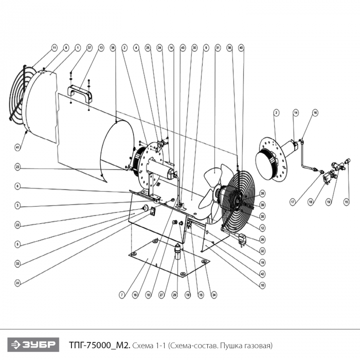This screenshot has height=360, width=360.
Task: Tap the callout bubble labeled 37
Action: click(x=89, y=48)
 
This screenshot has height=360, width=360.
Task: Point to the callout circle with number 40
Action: click(x=242, y=48)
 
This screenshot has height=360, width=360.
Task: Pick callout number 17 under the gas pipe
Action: click(x=293, y=202)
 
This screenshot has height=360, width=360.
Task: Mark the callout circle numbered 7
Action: click(x=122, y=295)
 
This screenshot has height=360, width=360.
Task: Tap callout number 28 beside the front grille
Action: click(x=262, y=193)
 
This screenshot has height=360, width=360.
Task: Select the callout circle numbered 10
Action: click(x=262, y=284)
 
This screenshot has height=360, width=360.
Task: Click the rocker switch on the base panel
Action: click(x=153, y=211)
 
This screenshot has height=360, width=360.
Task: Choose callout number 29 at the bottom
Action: click(x=174, y=295)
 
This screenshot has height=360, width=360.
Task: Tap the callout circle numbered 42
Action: click(x=262, y=275)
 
